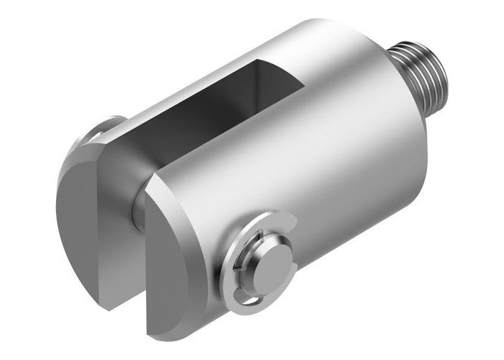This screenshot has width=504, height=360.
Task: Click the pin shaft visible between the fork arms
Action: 137,209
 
